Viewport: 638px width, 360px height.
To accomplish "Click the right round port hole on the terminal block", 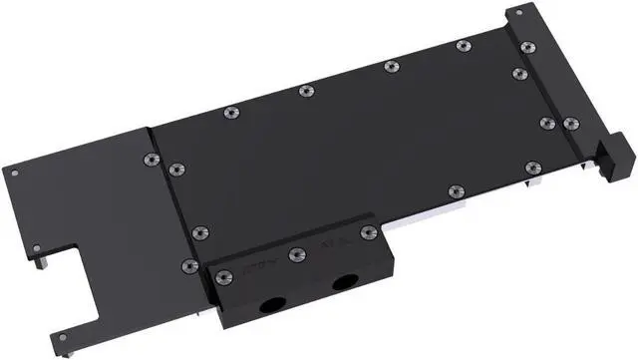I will click(x=346, y=283).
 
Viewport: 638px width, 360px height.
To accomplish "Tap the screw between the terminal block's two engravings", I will click(x=295, y=255).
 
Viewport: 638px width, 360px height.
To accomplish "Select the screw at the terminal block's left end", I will click(x=223, y=275).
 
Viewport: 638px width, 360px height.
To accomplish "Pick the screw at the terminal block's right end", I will click(x=368, y=232).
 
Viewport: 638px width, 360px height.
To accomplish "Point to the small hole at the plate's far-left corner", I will click(x=16, y=171).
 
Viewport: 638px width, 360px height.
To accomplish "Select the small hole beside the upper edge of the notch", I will click(x=36, y=247).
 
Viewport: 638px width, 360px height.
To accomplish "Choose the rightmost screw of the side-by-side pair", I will click(x=570, y=124).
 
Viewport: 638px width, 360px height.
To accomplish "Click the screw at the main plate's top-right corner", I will click(x=526, y=45).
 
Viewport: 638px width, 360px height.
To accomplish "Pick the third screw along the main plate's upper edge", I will click(x=389, y=67).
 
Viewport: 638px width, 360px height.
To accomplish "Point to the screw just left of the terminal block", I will click(x=189, y=265).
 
